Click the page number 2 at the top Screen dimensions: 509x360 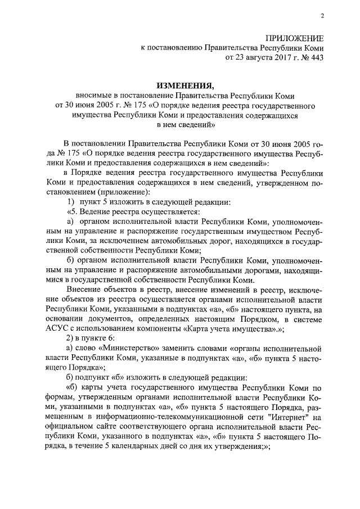322,16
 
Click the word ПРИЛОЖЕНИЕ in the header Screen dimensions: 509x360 294,38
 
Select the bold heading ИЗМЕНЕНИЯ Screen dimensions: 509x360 185,85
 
